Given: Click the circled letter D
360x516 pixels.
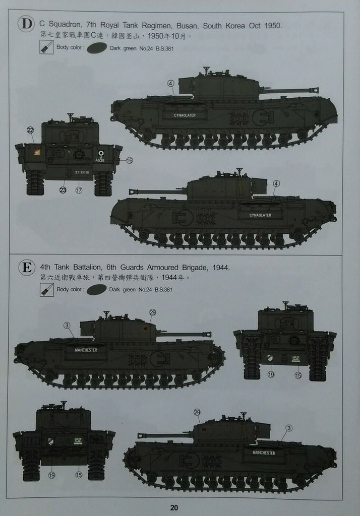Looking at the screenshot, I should (x=25, y=24).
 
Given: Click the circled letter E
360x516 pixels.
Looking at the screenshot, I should (x=25, y=267).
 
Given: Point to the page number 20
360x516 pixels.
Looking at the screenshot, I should (x=174, y=507).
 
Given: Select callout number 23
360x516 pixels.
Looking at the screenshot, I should (x=63, y=190).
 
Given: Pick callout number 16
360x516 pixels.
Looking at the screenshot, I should (x=129, y=160).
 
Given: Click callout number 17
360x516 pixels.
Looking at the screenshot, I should (x=79, y=190).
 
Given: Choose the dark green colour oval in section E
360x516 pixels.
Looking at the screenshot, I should (x=96, y=290).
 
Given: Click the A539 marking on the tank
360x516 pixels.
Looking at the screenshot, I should (x=100, y=160).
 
